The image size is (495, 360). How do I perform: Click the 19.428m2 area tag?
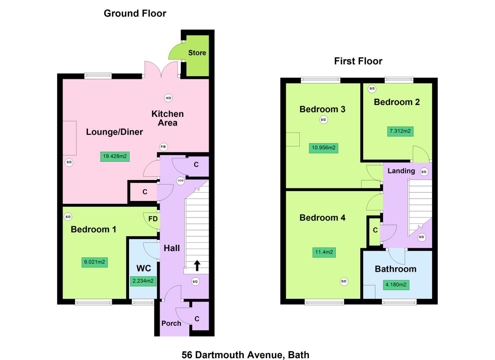(115, 156)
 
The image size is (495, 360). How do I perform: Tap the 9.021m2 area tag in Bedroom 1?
(95, 262)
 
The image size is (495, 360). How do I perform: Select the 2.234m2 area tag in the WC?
(143, 281)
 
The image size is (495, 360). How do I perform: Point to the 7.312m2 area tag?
(400, 131)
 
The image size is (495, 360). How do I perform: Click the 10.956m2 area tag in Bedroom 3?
(323, 148)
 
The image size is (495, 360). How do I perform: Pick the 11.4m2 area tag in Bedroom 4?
(324, 252)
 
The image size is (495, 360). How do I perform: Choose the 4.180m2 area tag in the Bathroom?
(396, 285)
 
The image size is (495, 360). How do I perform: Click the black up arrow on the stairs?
(197, 265)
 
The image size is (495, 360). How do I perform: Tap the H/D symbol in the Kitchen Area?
(168, 98)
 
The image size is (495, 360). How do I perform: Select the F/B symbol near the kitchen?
(163, 147)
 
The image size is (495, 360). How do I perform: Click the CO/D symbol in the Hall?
(180, 181)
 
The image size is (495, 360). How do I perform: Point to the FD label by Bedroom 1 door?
(153, 219)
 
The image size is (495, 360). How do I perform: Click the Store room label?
(197, 53)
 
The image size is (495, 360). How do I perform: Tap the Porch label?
(171, 323)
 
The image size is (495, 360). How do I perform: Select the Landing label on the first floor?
(401, 171)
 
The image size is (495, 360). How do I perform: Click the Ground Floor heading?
(135, 13)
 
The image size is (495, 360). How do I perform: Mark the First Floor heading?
(358, 61)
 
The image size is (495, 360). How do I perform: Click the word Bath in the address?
(299, 355)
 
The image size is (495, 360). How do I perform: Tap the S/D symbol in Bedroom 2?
(372, 89)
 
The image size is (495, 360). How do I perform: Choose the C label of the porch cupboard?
(197, 319)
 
